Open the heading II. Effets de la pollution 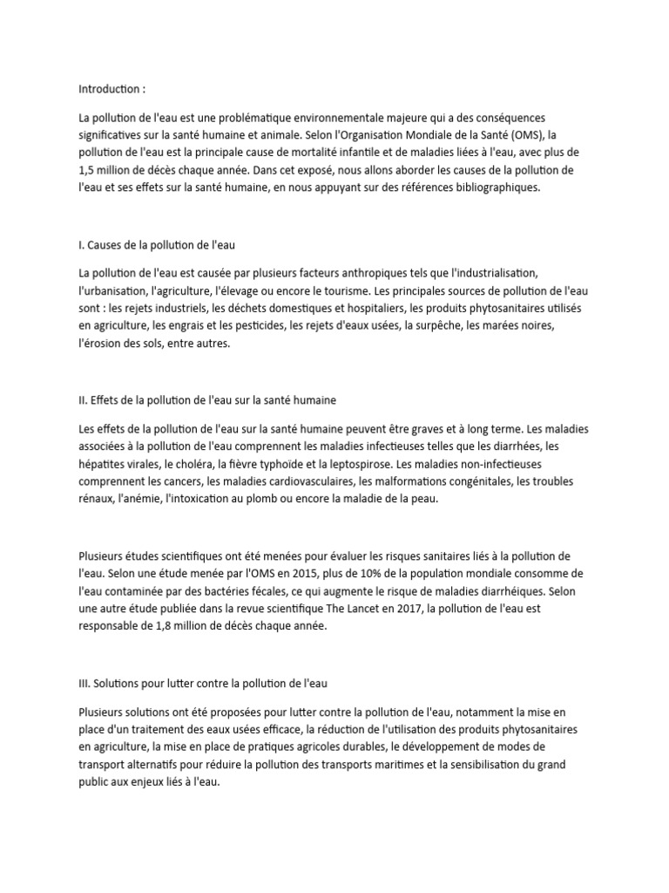click(206, 400)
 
